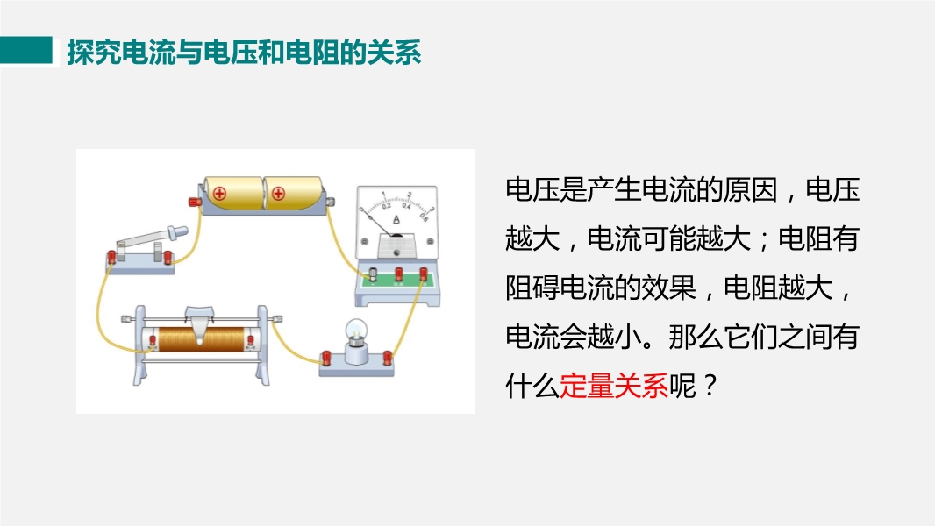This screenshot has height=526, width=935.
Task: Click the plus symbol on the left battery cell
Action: (x=220, y=194)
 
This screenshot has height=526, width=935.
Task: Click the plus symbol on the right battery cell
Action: (x=278, y=194)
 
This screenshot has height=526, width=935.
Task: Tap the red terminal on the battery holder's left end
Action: (x=195, y=202)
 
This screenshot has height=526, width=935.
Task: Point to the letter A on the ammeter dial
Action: (x=396, y=220)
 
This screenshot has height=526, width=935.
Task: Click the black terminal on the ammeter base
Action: (x=374, y=274)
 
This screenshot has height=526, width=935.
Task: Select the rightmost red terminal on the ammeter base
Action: (x=424, y=274)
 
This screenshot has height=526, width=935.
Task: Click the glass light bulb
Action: (x=357, y=330)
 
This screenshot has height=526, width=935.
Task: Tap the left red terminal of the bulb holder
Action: (x=326, y=358)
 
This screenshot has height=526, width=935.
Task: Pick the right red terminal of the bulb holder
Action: (x=388, y=358)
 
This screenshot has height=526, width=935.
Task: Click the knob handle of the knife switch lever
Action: (x=178, y=231)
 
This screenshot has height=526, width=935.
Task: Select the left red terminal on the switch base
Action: (x=111, y=258)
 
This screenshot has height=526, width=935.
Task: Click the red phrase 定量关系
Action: (x=614, y=386)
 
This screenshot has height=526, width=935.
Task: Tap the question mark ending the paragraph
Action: (x=710, y=386)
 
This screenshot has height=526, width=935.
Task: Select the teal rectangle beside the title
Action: (x=26, y=50)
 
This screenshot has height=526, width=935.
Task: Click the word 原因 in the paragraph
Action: (x=751, y=190)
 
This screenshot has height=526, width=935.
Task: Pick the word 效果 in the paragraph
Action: (x=669, y=288)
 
